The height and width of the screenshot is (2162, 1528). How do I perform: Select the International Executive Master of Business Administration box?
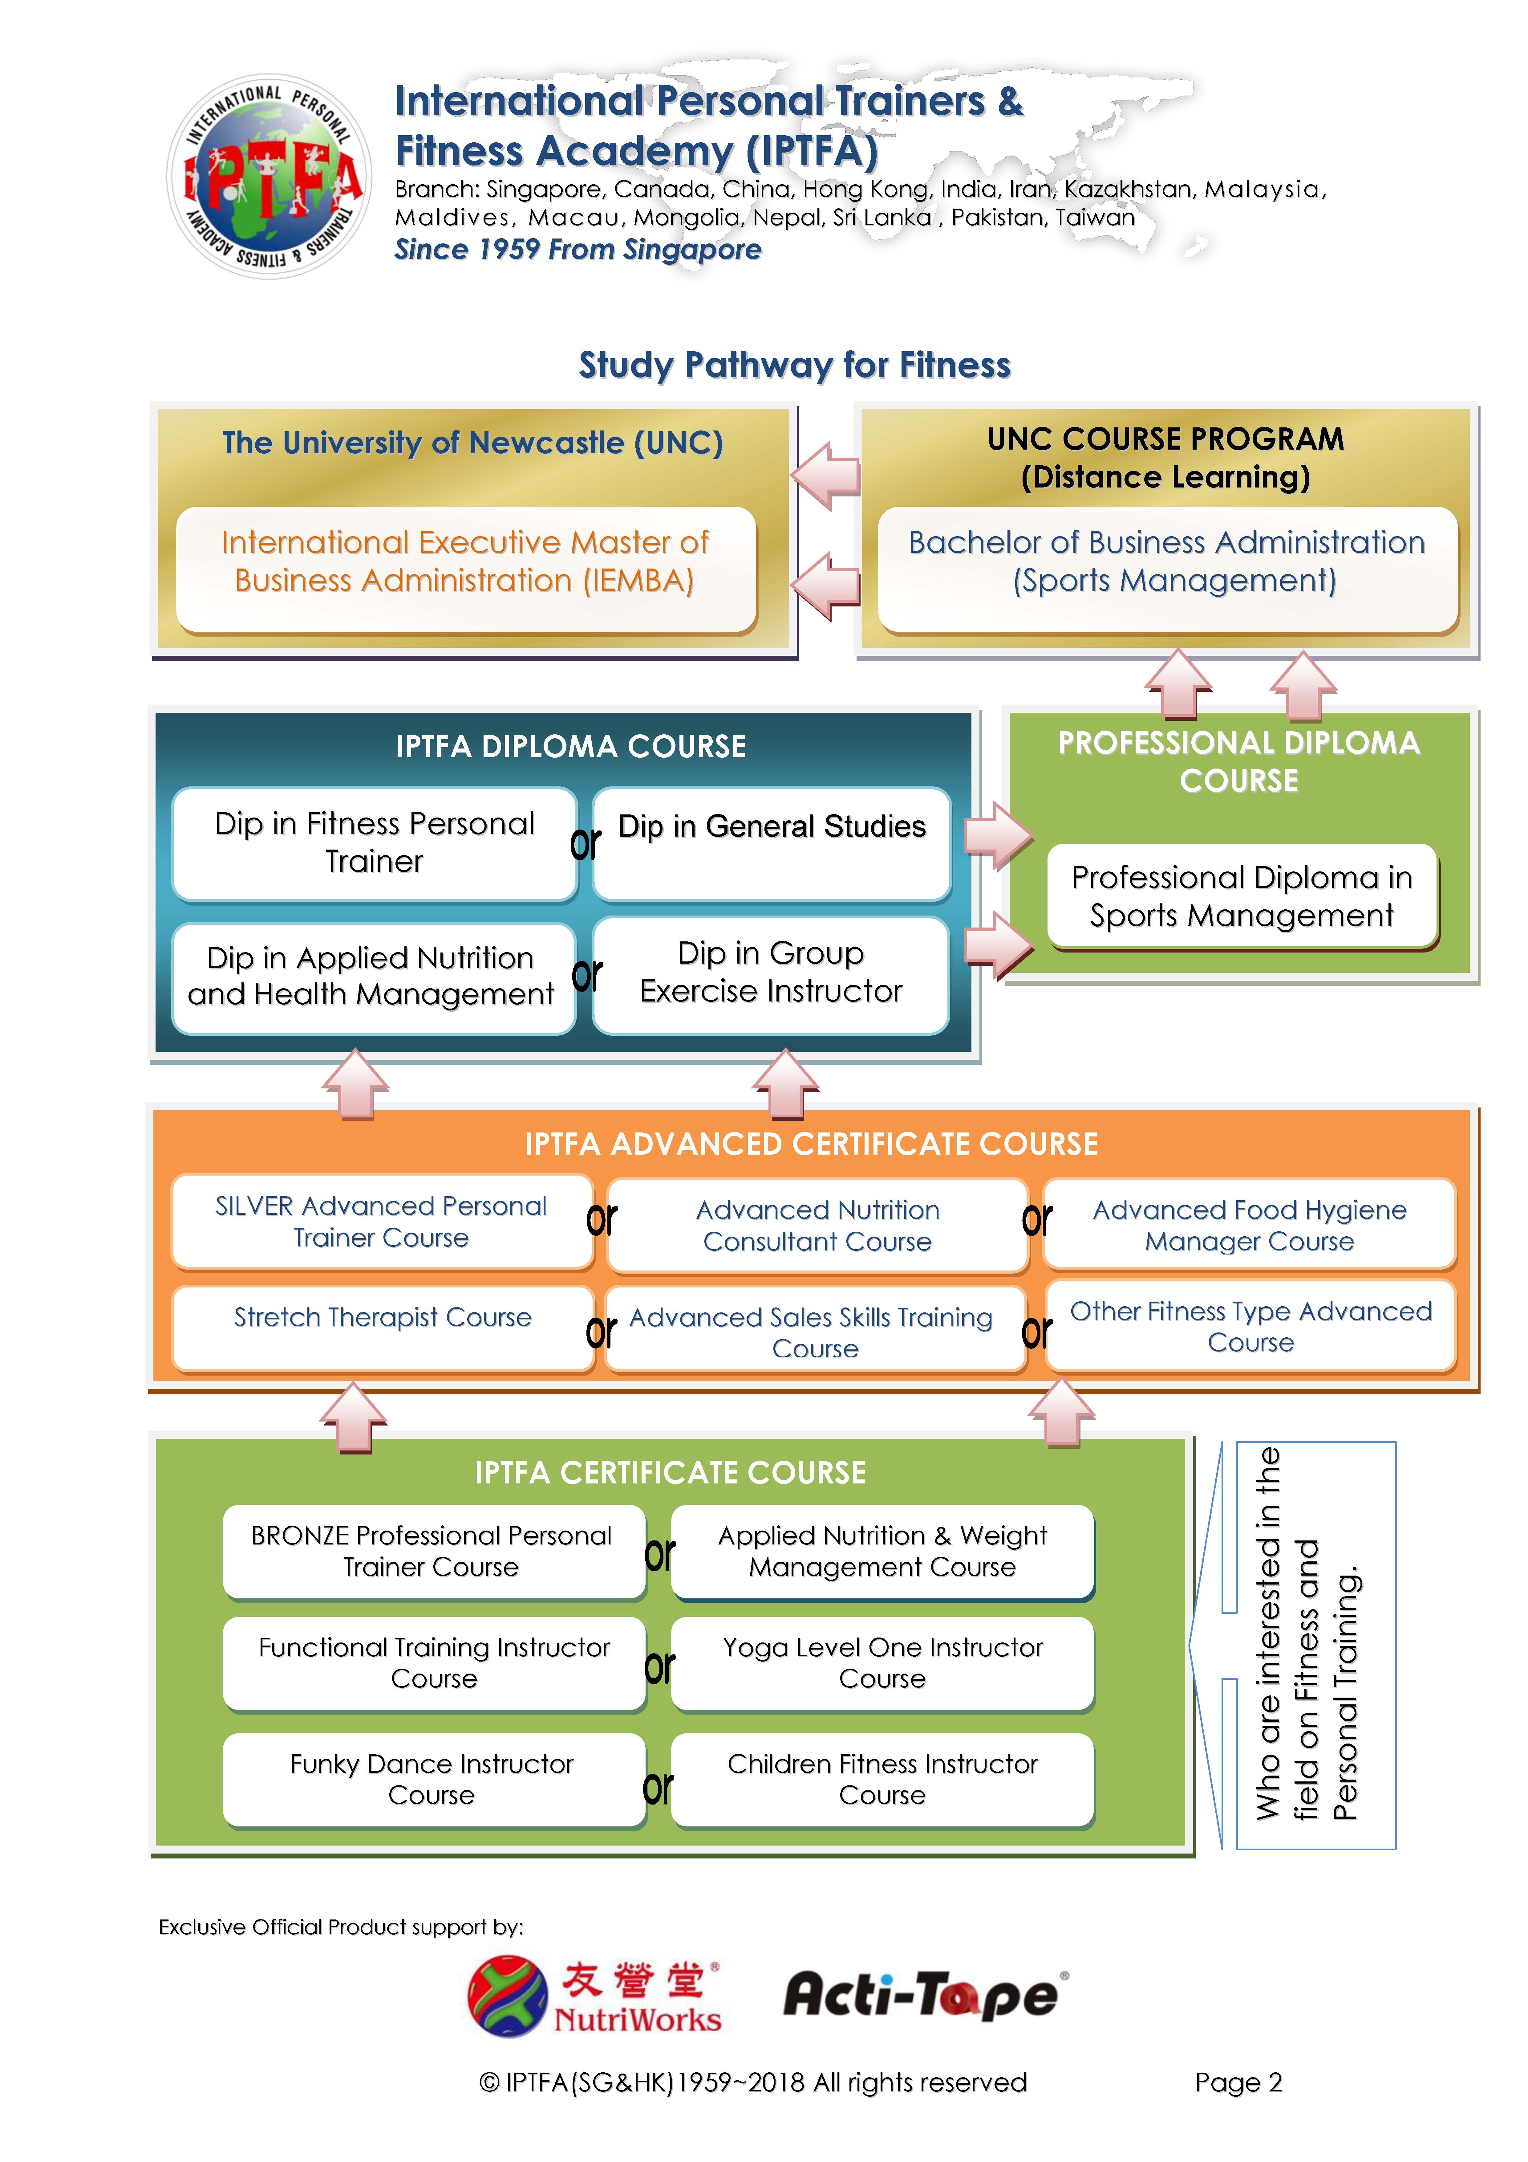(x=466, y=570)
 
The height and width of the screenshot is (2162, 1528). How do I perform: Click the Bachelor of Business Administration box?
(x=1167, y=570)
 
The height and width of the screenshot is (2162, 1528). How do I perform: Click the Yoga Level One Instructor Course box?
(x=882, y=1664)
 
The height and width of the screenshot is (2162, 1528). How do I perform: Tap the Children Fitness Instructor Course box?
(x=882, y=1780)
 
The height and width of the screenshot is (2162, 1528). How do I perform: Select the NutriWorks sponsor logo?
(x=595, y=1996)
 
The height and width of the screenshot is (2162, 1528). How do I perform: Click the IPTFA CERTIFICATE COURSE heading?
(x=670, y=1473)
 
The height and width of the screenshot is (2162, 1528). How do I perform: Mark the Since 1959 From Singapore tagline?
(x=578, y=250)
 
